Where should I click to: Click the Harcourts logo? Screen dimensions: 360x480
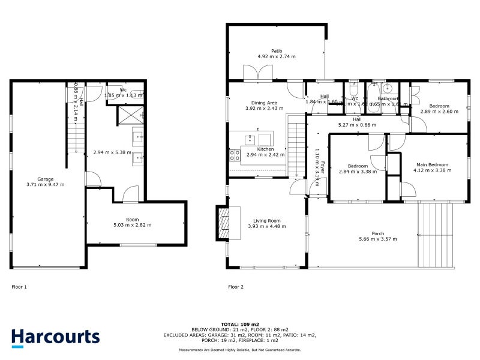coord(55,337)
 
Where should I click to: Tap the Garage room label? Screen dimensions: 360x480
coord(46,179)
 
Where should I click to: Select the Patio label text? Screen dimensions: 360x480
coord(277,51)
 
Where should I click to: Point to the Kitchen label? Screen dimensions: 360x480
coord(265,149)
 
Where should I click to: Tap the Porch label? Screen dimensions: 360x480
coord(378,233)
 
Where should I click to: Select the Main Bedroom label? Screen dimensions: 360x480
coord(431,164)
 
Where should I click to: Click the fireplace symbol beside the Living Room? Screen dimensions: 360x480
coord(223,223)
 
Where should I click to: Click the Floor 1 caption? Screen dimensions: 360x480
coord(19,287)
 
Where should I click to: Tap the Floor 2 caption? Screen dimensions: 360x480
coord(236,287)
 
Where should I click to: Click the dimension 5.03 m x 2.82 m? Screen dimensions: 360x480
coord(132,226)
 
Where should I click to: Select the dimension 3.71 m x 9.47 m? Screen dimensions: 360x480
coord(46,185)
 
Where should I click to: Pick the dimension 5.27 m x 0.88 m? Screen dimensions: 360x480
coord(357,125)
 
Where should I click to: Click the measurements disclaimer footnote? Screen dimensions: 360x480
coord(239,350)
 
